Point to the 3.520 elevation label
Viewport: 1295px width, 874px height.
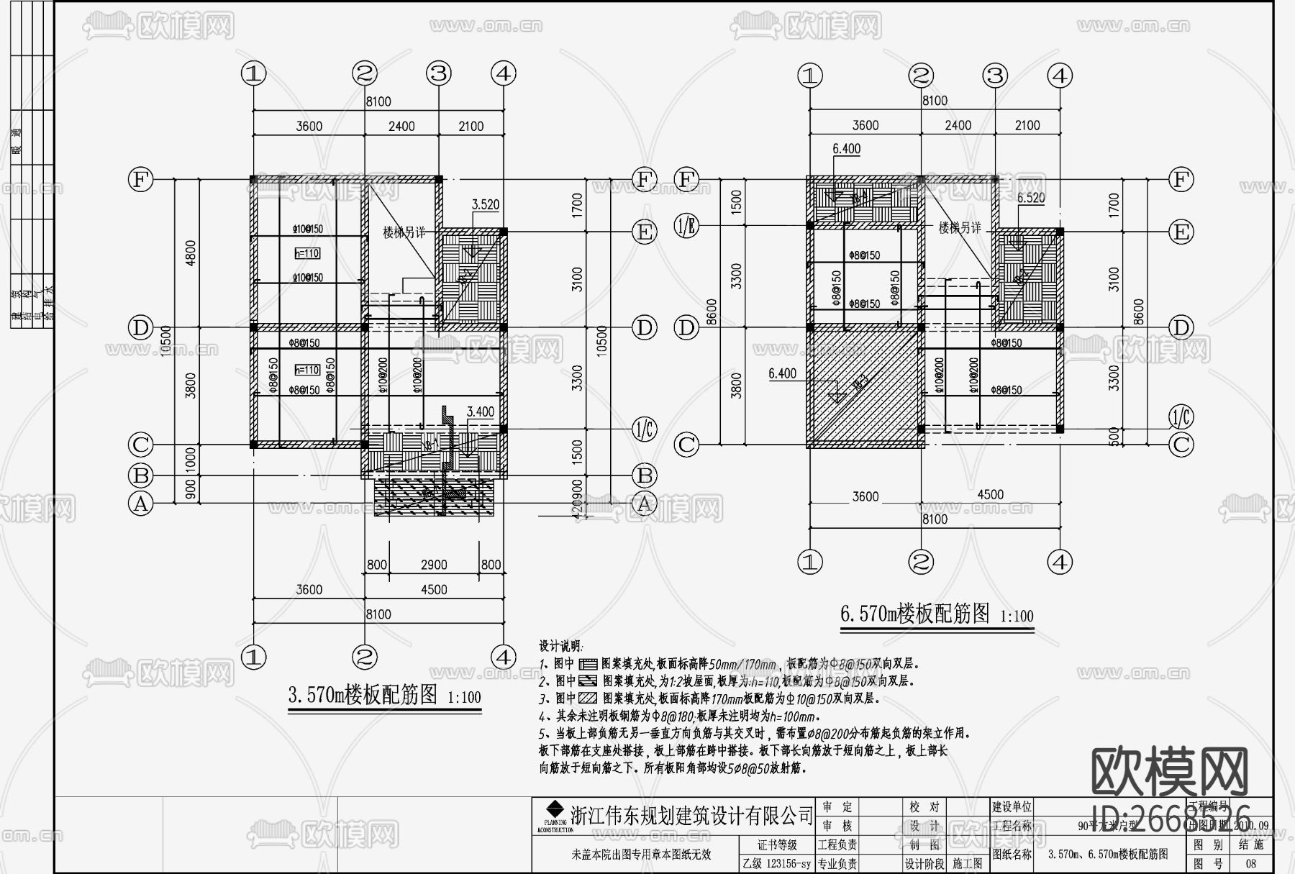(485, 205)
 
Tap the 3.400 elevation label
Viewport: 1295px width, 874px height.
(480, 412)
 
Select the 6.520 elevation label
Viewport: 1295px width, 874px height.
(1030, 198)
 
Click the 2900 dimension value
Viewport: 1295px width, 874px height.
(433, 565)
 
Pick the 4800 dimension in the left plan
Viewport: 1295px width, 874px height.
(190, 253)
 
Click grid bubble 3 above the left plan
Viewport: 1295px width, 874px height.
(438, 73)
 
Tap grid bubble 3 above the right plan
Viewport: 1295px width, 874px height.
(995, 75)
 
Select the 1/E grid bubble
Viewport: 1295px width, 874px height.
(686, 227)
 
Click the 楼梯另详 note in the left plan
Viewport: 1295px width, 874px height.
(404, 232)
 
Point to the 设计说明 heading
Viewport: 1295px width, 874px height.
(561, 646)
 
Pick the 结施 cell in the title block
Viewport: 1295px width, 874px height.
(1250, 845)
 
